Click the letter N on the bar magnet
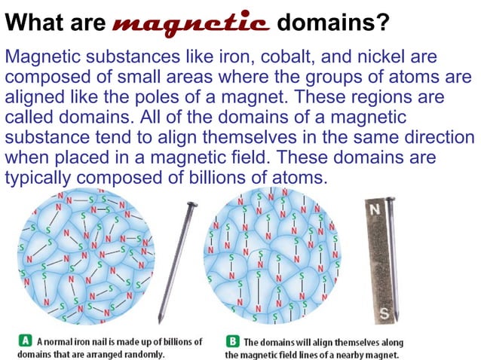click(x=375, y=209)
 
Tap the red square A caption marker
click(x=24, y=341)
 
